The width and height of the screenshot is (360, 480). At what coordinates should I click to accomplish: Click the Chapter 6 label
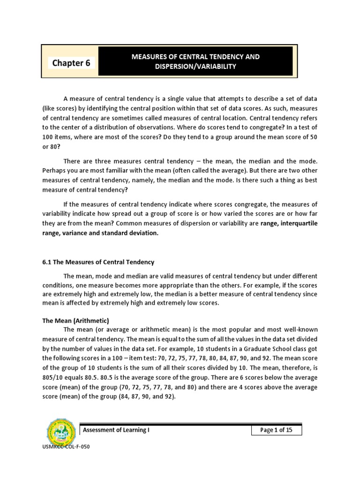tap(71, 63)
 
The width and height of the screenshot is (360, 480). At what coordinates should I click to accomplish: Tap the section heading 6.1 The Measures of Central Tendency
tap(98, 262)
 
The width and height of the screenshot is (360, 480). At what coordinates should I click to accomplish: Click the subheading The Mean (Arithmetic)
tap(75, 321)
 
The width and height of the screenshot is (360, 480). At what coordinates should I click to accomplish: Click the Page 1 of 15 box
tap(276, 430)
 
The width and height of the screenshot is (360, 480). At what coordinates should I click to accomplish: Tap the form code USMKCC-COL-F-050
tap(66, 447)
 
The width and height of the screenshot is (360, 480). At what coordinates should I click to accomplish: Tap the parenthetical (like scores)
tap(62, 109)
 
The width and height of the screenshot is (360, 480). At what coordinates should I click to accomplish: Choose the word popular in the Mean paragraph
tap(248, 330)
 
